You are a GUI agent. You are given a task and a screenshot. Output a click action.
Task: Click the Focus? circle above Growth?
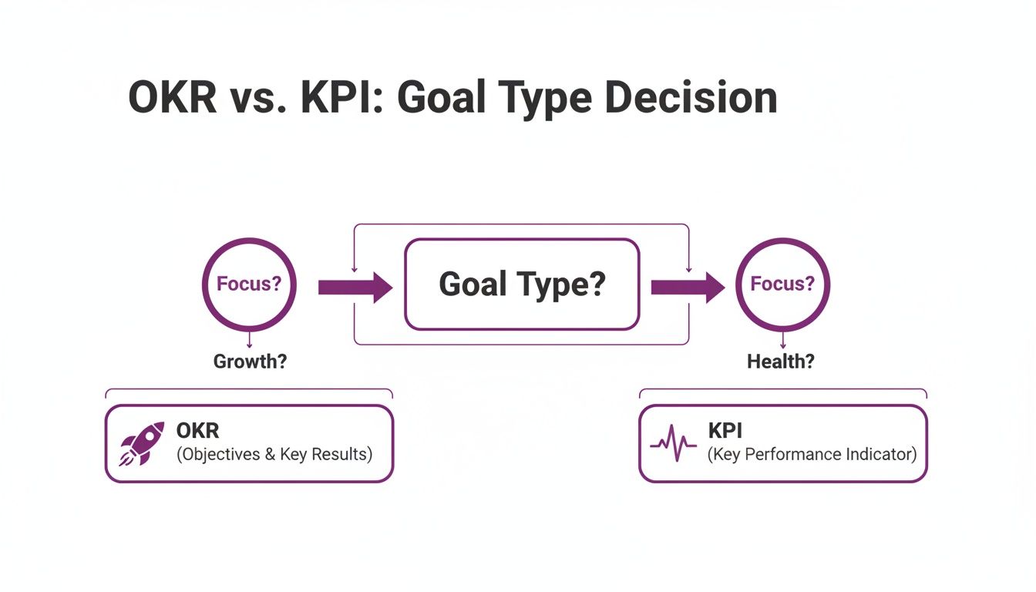click(248, 284)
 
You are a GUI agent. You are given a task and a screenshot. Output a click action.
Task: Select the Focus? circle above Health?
click(782, 284)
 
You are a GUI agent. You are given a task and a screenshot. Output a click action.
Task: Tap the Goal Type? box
click(522, 284)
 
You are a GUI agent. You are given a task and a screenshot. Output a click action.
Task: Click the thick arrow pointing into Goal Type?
click(355, 288)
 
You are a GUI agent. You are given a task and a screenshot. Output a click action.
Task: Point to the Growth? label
click(250, 362)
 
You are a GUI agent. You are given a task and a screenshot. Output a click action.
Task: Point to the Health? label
click(780, 362)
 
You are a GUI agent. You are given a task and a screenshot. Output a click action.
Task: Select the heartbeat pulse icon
click(673, 445)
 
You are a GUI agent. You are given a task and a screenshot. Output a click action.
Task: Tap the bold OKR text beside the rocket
click(197, 430)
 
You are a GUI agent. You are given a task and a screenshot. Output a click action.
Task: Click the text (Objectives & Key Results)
click(274, 454)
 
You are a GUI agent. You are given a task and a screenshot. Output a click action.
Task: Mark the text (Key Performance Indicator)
click(812, 454)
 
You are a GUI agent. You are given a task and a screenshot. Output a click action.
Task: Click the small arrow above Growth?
click(249, 340)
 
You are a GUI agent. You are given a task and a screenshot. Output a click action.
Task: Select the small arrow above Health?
click(783, 340)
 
